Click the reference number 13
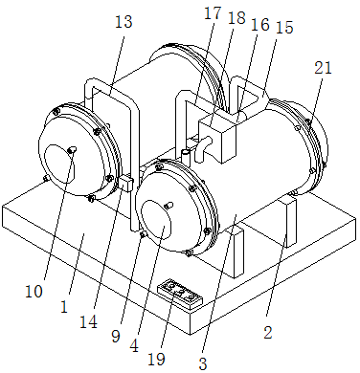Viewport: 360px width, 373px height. pos(124,22)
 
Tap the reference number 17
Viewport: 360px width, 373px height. pos(213,13)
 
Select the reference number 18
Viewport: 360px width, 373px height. pos(236,18)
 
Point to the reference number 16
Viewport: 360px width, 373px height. pos(260,25)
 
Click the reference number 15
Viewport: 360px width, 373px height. pos(284,28)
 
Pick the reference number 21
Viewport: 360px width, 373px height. pos(324,68)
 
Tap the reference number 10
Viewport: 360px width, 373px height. pos(34,291)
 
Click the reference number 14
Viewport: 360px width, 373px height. pos(88,322)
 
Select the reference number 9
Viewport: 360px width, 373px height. pos(116,336)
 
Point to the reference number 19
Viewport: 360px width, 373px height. pos(156,360)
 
